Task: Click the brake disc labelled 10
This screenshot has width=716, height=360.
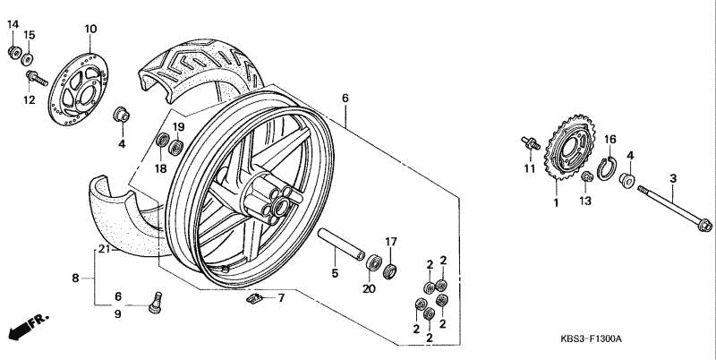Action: pos(79,90)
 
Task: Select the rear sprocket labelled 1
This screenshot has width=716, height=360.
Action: pos(569,147)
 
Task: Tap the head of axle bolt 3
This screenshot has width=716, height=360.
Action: pos(705,225)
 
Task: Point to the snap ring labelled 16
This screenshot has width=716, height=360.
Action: pos(608,168)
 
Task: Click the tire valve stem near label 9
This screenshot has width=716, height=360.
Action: pos(155,303)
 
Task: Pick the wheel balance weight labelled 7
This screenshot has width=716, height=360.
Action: pos(254,298)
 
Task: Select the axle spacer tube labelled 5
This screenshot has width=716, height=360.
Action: pos(341,244)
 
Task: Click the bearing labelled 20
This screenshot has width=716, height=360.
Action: pos(373,262)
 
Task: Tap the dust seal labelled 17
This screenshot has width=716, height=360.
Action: pos(389,270)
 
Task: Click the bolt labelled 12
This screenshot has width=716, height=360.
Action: pos(37,78)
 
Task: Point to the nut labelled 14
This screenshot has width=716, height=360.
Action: pos(14,52)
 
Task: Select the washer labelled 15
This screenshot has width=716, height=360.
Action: pos(28,59)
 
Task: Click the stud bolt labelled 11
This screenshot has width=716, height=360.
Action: pos(531,143)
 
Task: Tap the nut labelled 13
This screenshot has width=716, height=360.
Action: pos(587,176)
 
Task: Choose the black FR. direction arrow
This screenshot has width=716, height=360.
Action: pos(29,326)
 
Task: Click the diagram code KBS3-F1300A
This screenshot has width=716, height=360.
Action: pos(591,339)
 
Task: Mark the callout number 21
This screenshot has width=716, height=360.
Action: pos(104,249)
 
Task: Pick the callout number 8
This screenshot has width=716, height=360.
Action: pos(75,278)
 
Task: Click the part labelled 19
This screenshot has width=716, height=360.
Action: pos(175,148)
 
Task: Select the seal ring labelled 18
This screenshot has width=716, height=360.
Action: pos(162,140)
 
